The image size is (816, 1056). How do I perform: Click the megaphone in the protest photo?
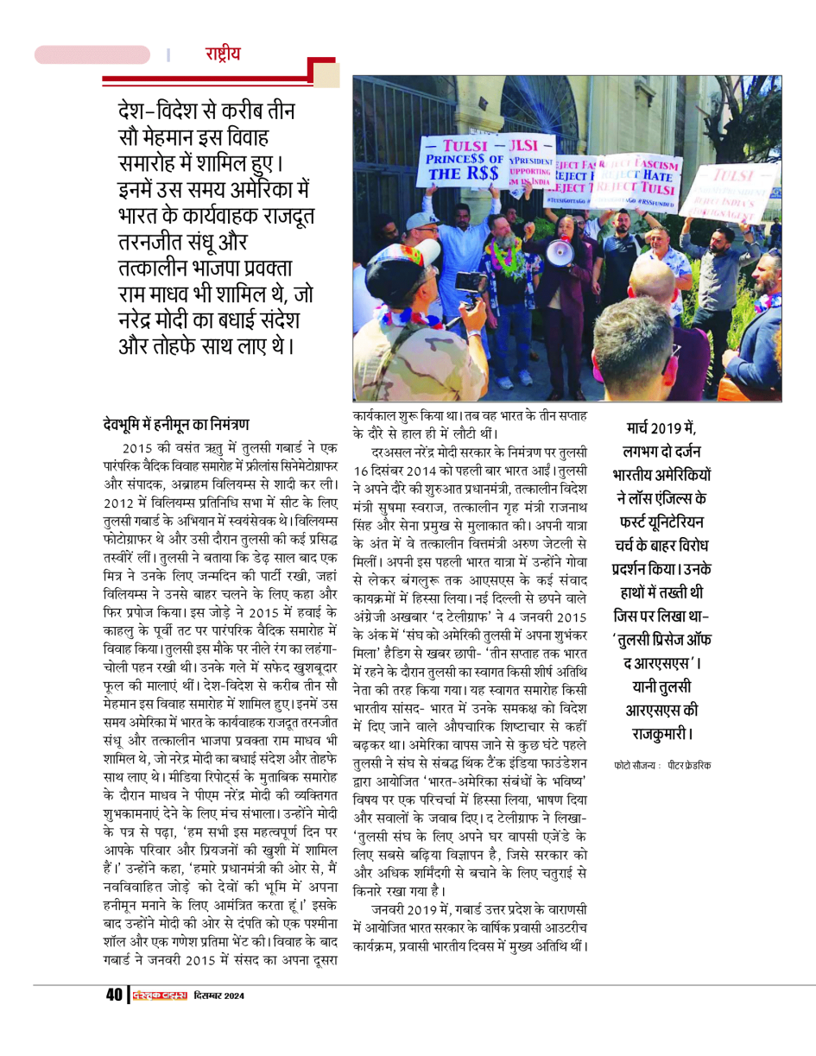coord(560,251)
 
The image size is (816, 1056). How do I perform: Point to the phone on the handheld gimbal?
coord(471,282)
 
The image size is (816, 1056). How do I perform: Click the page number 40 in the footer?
coord(114,996)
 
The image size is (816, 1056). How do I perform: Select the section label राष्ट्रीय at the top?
coord(223,54)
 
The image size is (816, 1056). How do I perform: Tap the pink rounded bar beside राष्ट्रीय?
coord(92,54)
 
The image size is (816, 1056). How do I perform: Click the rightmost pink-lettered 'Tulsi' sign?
coord(735,189)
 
